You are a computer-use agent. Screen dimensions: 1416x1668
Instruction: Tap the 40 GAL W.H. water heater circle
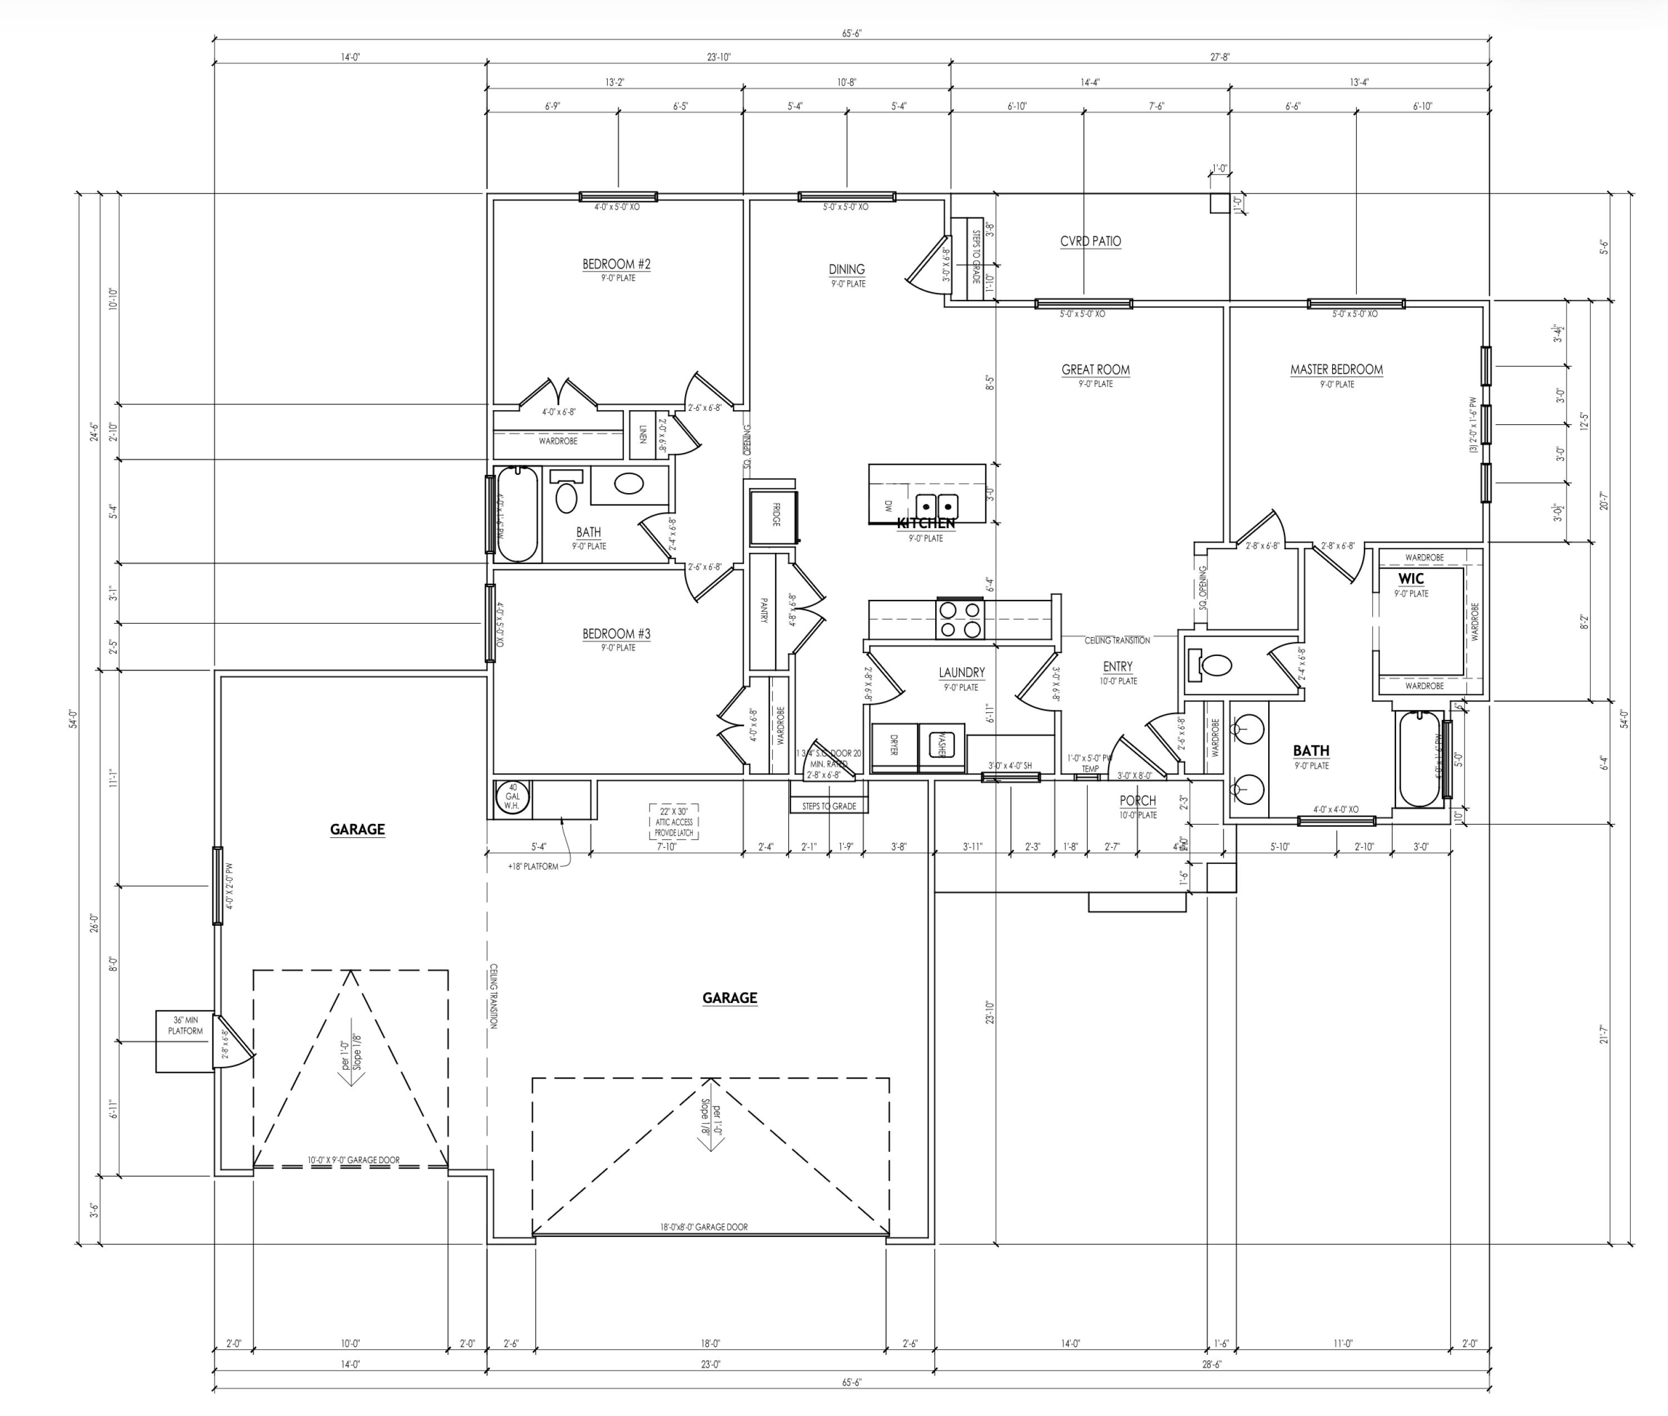[512, 796]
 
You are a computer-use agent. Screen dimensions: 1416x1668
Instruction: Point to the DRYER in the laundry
[894, 746]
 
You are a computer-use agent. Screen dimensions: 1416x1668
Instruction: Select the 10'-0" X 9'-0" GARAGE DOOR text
[353, 1160]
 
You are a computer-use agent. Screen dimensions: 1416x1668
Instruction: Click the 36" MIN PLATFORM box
[185, 1041]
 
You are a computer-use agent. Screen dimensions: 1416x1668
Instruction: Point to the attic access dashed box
[673, 822]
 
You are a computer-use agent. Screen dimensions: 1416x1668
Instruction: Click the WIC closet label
[1411, 579]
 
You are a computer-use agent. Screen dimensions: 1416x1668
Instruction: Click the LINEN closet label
[642, 434]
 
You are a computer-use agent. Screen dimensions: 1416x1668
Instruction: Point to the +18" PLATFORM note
[533, 866]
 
